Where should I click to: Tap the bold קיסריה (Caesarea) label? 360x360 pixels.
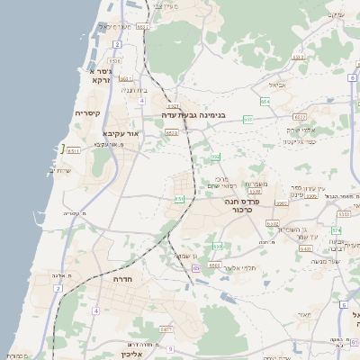tap(87, 112)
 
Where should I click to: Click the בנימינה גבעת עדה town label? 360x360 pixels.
tap(193, 115)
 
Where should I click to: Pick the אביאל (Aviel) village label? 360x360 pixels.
tap(275, 85)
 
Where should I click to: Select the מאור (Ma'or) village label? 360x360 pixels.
tap(302, 314)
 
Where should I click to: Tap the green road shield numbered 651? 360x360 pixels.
tap(180, 198)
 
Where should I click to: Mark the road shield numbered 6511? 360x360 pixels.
tap(73, 151)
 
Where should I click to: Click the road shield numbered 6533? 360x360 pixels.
tap(172, 133)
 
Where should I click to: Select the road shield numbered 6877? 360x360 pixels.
tap(166, 330)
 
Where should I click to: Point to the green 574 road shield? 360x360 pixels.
tap(335, 231)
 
